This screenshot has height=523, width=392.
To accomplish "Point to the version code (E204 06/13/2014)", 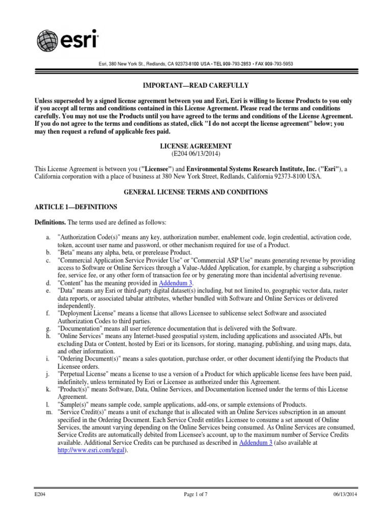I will coord(196,154).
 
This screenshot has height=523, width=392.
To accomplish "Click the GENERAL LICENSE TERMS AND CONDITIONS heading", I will coord(196,192).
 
